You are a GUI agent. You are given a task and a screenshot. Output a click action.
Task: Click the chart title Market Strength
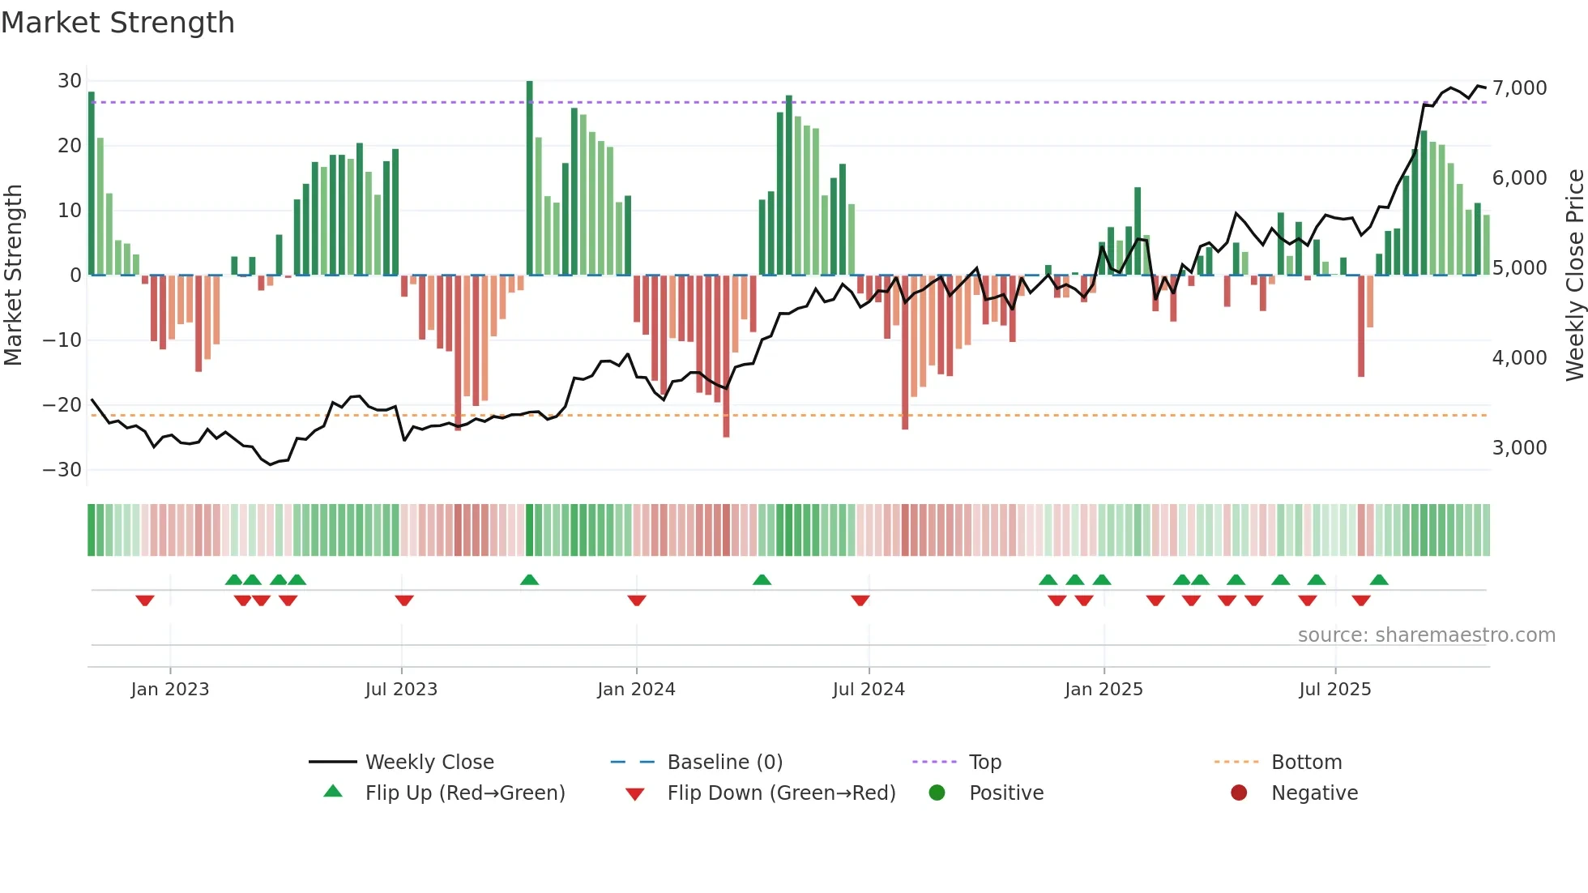[117, 23]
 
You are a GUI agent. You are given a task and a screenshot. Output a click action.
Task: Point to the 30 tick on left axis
[70, 81]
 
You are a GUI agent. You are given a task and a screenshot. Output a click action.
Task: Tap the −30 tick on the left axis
[63, 470]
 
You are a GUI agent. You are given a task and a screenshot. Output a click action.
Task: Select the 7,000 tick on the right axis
[1519, 88]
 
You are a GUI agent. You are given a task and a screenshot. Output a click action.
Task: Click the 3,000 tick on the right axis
[1519, 448]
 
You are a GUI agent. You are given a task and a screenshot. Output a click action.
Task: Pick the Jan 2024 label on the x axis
[636, 690]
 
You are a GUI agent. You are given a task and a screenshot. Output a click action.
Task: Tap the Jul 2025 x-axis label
[1334, 690]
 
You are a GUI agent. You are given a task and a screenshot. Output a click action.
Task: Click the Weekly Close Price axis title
[1574, 276]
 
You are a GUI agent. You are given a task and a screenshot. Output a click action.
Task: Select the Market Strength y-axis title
[13, 276]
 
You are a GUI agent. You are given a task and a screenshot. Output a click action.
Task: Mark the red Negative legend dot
[1239, 793]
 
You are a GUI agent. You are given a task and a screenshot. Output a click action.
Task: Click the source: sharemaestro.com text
[1426, 635]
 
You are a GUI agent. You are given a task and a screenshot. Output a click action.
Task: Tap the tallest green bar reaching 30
[530, 178]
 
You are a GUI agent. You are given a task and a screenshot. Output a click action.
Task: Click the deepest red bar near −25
[726, 357]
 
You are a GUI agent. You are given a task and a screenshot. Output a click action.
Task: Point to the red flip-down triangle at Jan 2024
[637, 600]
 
